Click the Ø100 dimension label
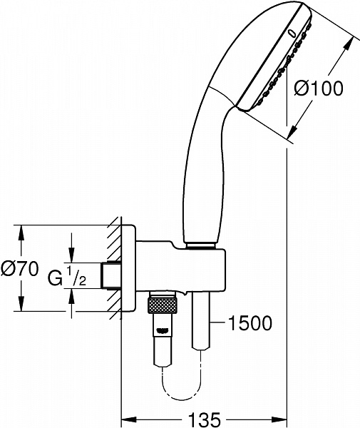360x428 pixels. (318, 89)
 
